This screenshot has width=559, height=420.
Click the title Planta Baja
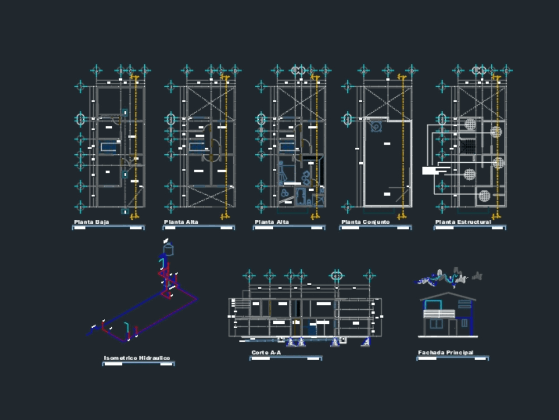click(x=92, y=223)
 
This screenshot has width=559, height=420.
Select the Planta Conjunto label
click(x=366, y=223)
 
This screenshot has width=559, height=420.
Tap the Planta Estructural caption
click(x=463, y=223)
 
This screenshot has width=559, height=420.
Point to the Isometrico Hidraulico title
click(x=137, y=358)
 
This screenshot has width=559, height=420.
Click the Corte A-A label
click(x=266, y=353)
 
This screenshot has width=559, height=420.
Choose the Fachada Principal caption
click(x=446, y=353)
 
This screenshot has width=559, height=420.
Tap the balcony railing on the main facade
click(x=439, y=314)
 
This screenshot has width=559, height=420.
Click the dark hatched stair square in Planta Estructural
click(x=468, y=147)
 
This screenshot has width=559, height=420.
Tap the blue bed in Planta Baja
click(x=109, y=147)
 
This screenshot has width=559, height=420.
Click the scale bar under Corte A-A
click(x=286, y=358)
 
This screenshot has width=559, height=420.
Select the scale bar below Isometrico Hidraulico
click(x=138, y=364)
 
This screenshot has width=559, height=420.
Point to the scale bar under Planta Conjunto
click(x=376, y=228)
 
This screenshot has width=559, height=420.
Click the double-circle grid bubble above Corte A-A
click(x=337, y=275)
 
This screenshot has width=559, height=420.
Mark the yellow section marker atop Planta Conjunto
click(x=401, y=76)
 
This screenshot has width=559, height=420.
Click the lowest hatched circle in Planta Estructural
click(x=484, y=196)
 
